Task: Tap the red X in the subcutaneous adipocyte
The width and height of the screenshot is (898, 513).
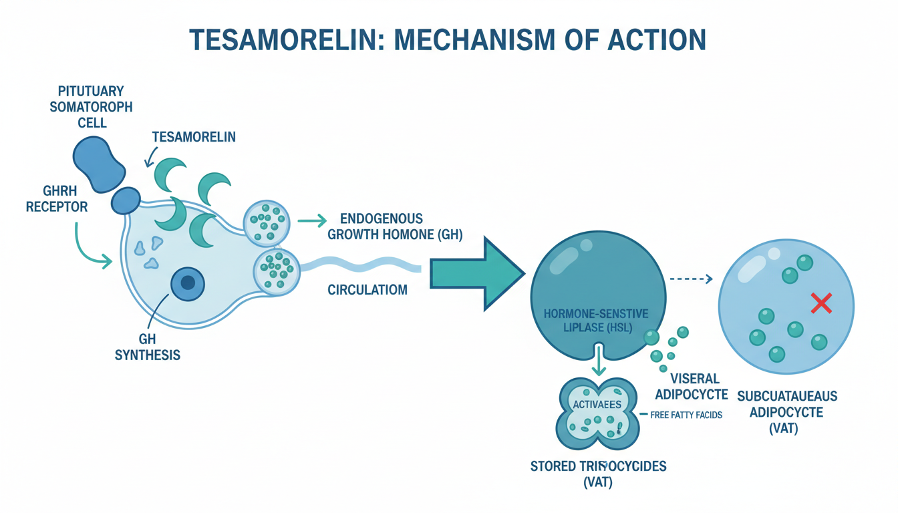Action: tap(820, 305)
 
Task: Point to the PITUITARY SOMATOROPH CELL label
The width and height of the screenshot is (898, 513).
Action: tap(91, 107)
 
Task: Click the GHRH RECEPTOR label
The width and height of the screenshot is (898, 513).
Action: tap(57, 198)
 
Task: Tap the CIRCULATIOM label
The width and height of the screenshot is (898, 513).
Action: tap(368, 291)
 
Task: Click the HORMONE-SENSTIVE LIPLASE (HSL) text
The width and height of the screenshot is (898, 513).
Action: tap(596, 321)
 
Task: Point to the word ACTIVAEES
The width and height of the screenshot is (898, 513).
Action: tap(597, 405)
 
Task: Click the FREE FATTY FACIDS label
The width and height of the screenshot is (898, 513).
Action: tap(686, 415)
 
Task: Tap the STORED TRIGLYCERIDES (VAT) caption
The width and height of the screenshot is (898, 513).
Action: tap(598, 474)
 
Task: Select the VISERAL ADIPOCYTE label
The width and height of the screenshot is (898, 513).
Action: tap(690, 386)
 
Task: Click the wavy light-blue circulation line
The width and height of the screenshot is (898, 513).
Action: tap(361, 265)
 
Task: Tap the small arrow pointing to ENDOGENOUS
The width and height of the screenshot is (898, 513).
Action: tap(312, 220)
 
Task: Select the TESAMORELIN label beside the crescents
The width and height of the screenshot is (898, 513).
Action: tap(194, 137)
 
